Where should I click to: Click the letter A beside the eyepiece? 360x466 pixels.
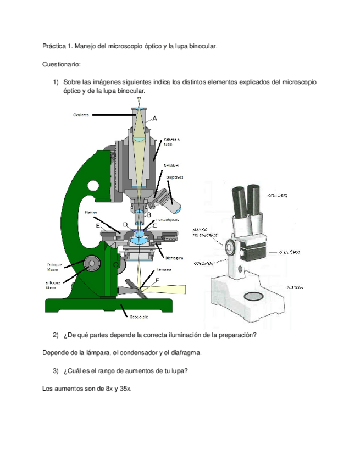(x=154, y=118)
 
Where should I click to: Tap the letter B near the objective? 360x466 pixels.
(x=148, y=215)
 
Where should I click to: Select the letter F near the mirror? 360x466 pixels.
(x=157, y=281)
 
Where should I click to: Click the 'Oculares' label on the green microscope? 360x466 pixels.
(x=81, y=115)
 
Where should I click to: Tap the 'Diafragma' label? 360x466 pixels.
(x=174, y=257)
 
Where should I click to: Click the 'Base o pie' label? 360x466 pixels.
(x=137, y=317)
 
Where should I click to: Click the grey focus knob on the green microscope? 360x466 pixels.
(x=91, y=265)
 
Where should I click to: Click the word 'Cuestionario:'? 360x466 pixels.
(x=61, y=64)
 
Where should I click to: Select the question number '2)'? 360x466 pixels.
(x=56, y=335)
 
